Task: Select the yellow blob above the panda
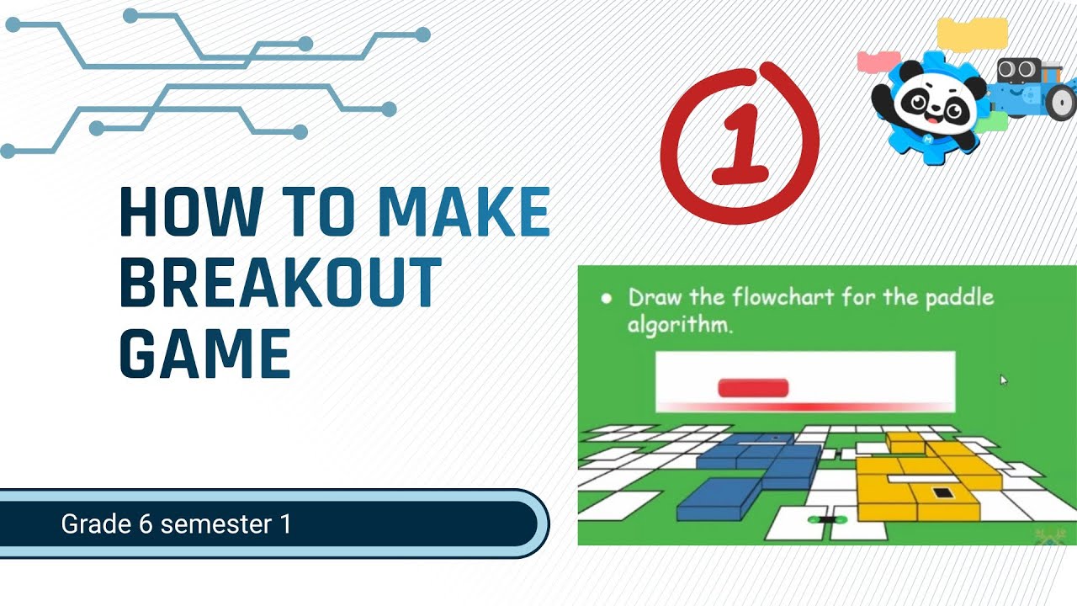coord(972,34)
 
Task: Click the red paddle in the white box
coord(753,387)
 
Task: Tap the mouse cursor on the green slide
coord(1003,380)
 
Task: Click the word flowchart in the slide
coord(783,298)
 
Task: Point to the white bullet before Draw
coord(605,298)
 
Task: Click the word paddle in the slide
coord(959,298)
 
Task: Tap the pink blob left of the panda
coord(878,61)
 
